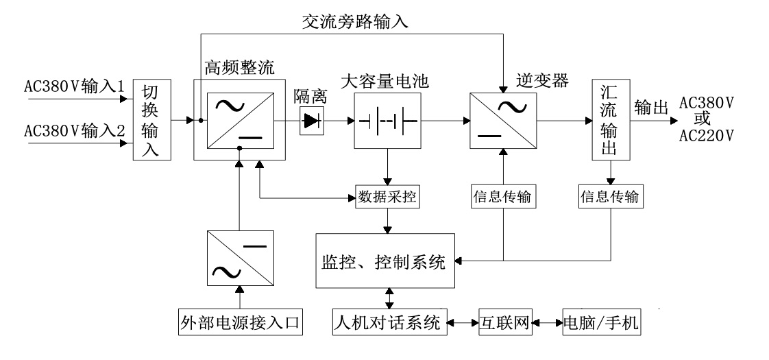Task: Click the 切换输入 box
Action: coord(151,122)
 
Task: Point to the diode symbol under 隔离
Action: coord(312,121)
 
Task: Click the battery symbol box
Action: coord(388,121)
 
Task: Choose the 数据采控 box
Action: coord(388,197)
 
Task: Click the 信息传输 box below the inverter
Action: coord(503,197)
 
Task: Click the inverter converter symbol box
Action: coord(504,121)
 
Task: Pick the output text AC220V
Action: coord(706,135)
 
